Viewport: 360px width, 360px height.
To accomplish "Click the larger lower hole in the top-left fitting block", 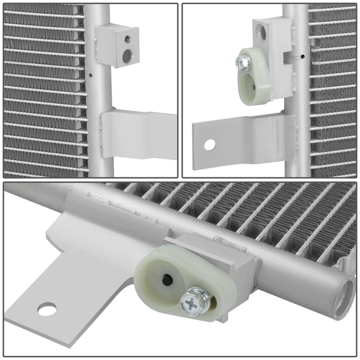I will click(x=127, y=55).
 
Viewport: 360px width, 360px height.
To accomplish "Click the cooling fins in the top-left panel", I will click(x=42, y=90).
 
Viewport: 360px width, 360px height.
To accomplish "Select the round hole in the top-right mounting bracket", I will click(x=210, y=143).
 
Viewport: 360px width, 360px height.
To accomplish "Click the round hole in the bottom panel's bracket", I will click(x=47, y=309).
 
